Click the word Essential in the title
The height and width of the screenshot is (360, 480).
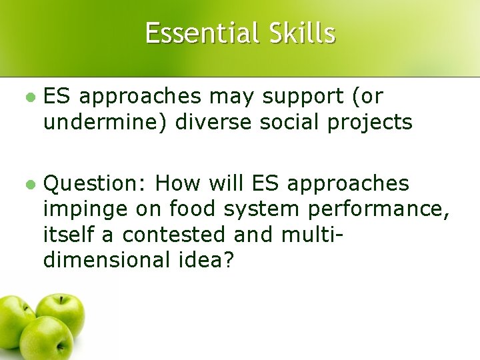tap(201, 33)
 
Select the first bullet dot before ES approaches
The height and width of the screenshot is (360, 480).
tap(29, 97)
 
